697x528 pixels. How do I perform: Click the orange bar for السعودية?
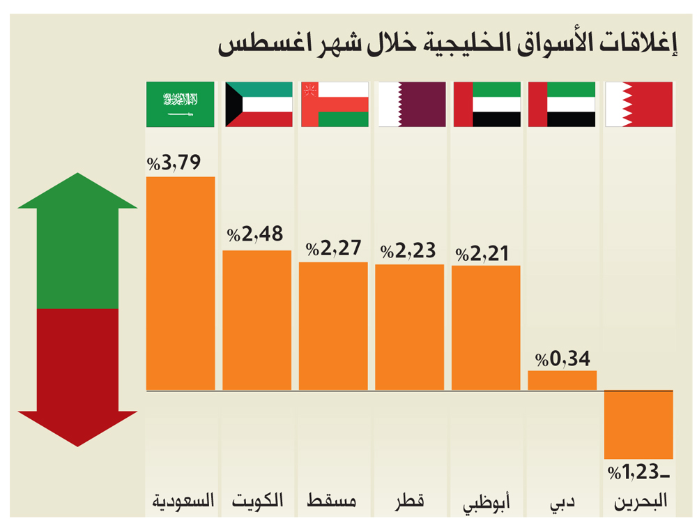coord(181,283)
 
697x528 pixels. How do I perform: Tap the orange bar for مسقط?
coord(333,326)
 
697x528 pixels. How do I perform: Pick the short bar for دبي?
coord(562,380)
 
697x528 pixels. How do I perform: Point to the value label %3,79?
coord(174,164)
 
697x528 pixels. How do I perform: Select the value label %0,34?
coord(562,359)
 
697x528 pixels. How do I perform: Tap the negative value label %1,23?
coord(638,472)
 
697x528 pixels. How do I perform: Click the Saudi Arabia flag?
coord(181,105)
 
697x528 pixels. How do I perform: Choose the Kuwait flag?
coord(258,105)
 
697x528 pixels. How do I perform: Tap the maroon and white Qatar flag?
coord(411,105)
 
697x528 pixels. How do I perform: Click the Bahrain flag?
coord(638,105)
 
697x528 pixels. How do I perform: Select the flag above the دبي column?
coord(562,105)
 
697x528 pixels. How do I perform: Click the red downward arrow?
coord(77,377)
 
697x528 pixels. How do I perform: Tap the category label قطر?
coord(411,501)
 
